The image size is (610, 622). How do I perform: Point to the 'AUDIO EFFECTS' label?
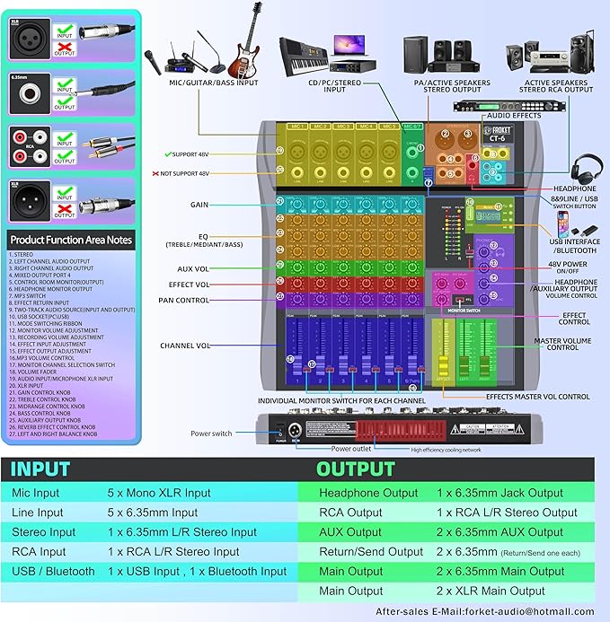[x=515, y=115]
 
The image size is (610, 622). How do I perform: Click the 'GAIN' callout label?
[x=199, y=205]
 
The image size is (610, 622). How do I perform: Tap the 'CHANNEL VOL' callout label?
[x=184, y=345]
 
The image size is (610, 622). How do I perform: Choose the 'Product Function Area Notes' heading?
[x=71, y=240]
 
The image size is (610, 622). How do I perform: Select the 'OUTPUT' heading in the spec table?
[x=355, y=469]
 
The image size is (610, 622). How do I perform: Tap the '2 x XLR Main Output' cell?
[x=491, y=591]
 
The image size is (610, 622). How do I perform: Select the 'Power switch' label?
[x=211, y=434]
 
